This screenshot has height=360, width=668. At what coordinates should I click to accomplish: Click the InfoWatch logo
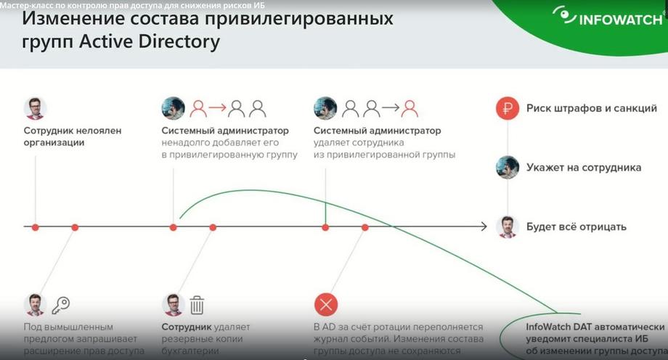tap(608, 17)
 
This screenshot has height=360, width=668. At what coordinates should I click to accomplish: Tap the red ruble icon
tap(507, 108)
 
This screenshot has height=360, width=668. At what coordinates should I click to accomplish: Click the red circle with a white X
tap(326, 305)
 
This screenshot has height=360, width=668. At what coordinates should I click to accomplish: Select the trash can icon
tap(197, 305)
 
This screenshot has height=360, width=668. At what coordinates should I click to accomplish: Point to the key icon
tap(61, 305)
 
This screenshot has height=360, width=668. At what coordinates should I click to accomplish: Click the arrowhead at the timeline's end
tap(484, 226)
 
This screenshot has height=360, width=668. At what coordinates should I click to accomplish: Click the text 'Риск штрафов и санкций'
tap(591, 108)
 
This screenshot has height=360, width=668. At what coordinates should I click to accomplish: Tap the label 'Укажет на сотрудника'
tap(584, 168)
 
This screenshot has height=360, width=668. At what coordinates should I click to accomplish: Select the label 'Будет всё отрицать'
tap(577, 226)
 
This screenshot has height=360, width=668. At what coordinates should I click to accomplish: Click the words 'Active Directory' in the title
tap(150, 41)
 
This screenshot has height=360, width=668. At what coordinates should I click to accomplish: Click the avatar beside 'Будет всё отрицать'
tap(507, 226)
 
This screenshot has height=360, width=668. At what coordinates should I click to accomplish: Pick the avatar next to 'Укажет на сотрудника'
tap(507, 168)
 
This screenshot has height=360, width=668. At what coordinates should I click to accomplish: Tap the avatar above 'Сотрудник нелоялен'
tap(35, 108)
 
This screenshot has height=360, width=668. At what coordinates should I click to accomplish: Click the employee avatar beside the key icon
tap(35, 305)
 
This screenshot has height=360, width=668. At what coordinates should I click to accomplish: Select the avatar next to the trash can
tap(173, 305)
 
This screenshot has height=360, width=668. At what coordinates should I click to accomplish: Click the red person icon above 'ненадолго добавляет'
tap(198, 109)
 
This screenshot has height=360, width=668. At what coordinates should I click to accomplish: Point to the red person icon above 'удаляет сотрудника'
tap(410, 109)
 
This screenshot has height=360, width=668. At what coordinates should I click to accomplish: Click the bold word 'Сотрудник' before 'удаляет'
tap(187, 327)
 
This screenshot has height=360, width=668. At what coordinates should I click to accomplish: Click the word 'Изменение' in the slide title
tap(73, 19)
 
